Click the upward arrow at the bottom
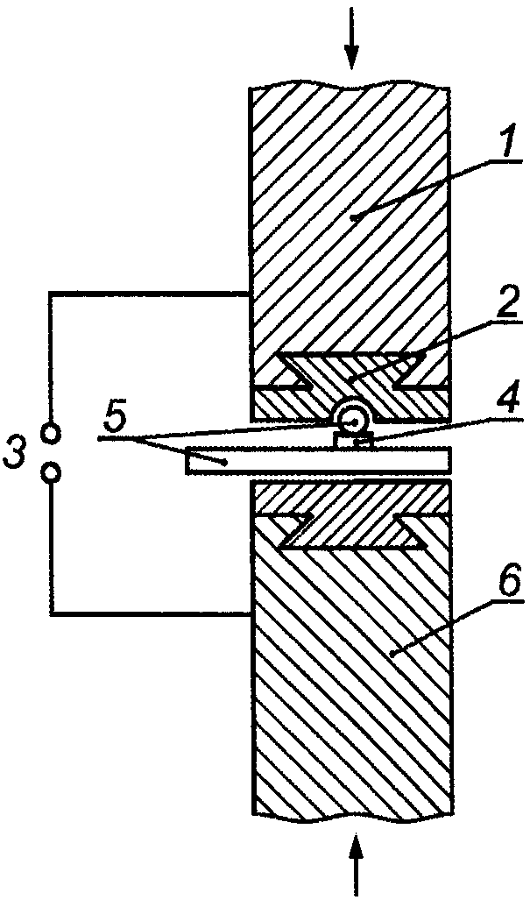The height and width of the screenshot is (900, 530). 357,863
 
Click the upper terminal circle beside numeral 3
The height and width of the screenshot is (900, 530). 52,433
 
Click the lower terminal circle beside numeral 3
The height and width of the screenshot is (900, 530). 52,473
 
